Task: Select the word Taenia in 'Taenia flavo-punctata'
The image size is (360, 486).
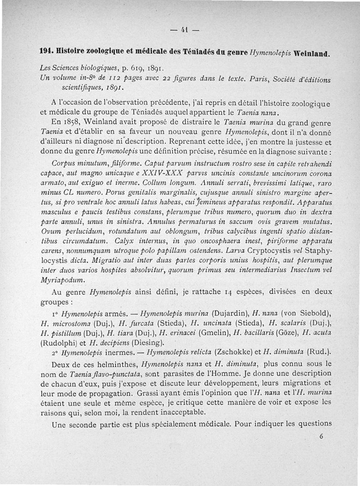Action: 81,373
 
